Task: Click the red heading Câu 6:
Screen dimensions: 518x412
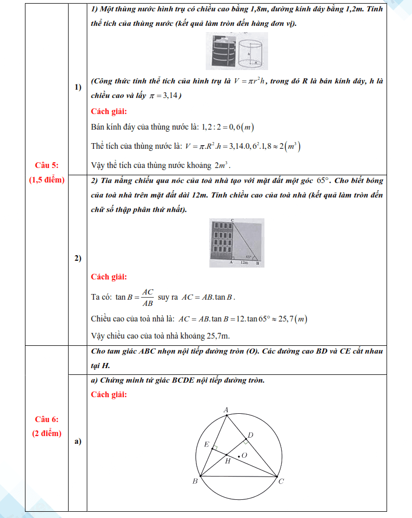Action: point(46,419)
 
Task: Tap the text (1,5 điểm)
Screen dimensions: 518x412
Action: point(46,180)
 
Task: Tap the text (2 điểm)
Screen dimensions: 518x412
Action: point(46,433)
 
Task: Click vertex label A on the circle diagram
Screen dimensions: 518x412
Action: point(226,410)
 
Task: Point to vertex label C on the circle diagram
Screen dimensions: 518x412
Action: point(281,482)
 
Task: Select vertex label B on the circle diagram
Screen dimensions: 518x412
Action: point(195,481)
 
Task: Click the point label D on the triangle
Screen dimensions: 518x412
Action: point(250,435)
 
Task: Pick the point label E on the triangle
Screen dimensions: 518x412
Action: point(206,444)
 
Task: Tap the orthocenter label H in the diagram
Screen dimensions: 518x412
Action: point(227,460)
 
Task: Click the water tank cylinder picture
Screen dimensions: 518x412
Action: point(236,51)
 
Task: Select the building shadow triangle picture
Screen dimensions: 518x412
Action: point(236,242)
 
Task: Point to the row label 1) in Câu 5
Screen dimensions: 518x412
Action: point(78,87)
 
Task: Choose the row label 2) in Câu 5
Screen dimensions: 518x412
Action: point(78,259)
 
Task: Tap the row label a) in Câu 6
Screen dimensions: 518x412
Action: point(78,442)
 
